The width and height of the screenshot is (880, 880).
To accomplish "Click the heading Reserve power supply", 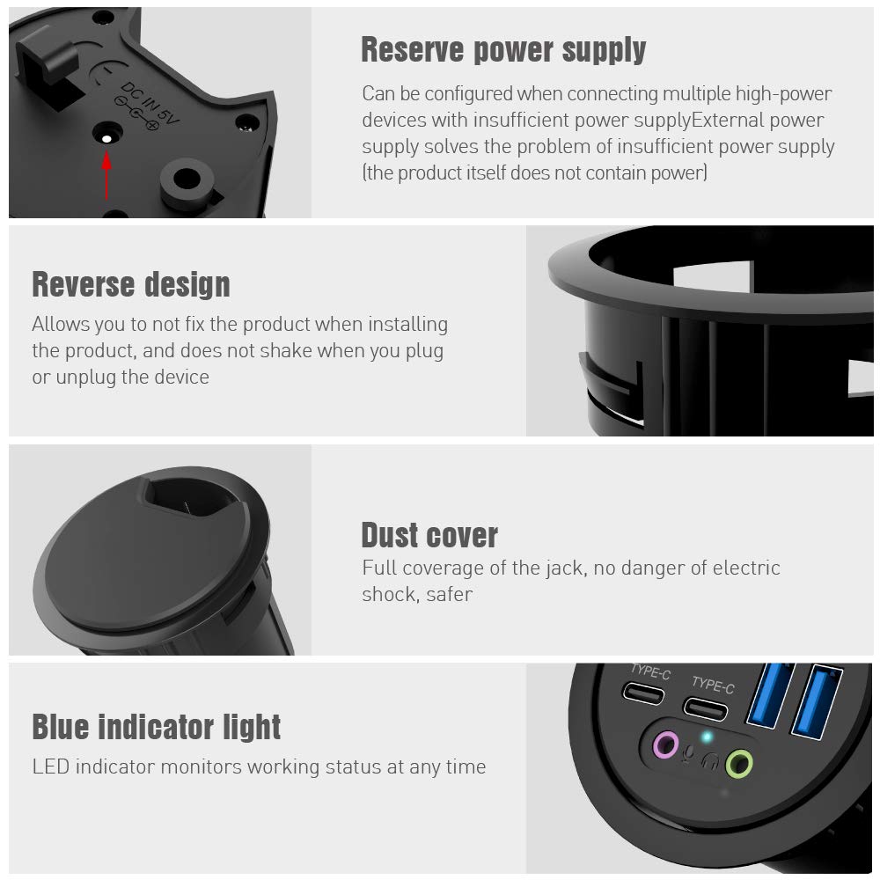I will click(503, 50).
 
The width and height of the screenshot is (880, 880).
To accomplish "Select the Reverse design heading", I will click(131, 285).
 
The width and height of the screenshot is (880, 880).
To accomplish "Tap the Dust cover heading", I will click(429, 535).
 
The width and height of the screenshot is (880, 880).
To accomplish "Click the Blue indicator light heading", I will click(157, 728).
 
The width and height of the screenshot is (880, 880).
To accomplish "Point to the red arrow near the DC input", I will click(107, 175).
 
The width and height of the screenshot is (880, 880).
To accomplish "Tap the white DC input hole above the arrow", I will click(106, 138).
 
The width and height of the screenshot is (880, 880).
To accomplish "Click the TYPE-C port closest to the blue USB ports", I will click(707, 708).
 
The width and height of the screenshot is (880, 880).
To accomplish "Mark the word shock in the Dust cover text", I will click(386, 595).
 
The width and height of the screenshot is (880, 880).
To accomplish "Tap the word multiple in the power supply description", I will click(703, 93).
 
